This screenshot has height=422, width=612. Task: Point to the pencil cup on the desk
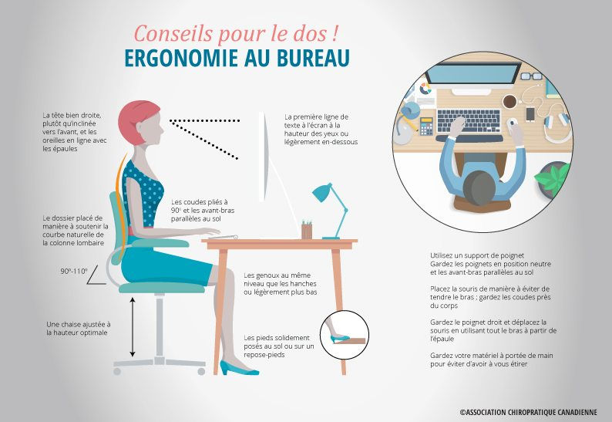point(307,229)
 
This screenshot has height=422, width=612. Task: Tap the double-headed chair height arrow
point(133,327)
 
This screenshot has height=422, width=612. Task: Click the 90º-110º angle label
point(74,272)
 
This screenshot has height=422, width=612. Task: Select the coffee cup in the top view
point(509,101)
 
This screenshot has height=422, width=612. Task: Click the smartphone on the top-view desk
point(530,114)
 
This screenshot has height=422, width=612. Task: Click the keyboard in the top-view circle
point(469,120)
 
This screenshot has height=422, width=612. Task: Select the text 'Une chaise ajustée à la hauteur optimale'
point(77,328)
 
